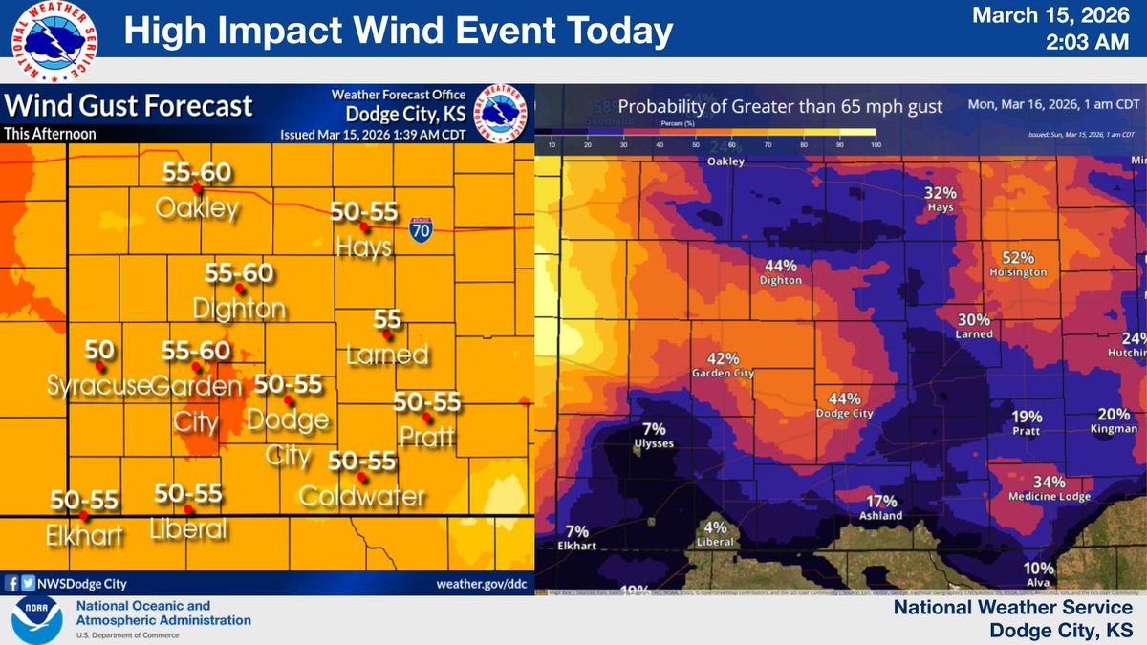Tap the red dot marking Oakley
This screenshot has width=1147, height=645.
(196, 189)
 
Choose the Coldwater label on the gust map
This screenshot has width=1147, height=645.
(361, 496)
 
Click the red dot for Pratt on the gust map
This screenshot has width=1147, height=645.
(427, 419)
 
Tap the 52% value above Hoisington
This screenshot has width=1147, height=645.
(1019, 257)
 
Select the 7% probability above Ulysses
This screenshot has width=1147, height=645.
(655, 429)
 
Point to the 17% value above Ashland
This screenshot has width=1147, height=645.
(881, 501)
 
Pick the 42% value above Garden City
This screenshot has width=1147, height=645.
(724, 358)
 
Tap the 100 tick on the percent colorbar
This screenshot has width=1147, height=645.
(876, 144)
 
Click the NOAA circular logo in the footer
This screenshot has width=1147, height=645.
(36, 619)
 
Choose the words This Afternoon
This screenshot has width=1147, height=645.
(50, 134)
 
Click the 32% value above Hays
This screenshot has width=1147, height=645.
(941, 192)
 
